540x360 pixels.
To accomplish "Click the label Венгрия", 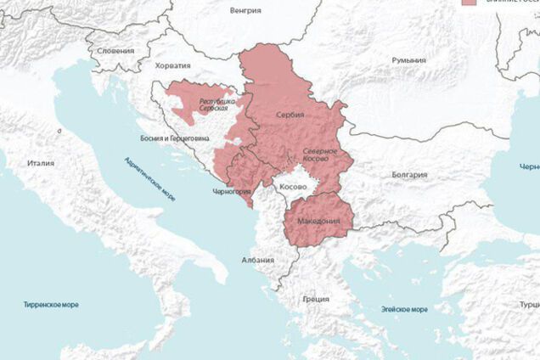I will (245, 11).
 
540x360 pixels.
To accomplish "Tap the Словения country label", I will (116, 50).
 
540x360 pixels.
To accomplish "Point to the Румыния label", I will (408, 60).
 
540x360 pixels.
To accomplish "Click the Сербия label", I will (290, 114).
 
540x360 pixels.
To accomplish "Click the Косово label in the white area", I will (294, 185).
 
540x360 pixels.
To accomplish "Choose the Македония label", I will (318, 222).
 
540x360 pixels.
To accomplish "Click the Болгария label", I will (409, 175).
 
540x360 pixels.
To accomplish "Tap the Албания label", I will (257, 261).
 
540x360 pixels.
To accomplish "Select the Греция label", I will (315, 299).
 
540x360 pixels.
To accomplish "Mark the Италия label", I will (41, 163).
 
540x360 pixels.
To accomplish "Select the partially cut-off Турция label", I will (529, 304).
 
